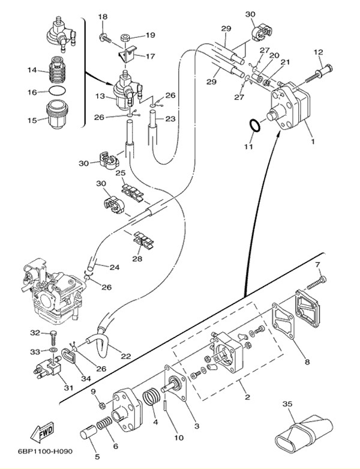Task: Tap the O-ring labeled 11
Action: (x=254, y=126)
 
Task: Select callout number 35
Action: (x=287, y=405)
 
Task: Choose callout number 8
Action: (x=307, y=362)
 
